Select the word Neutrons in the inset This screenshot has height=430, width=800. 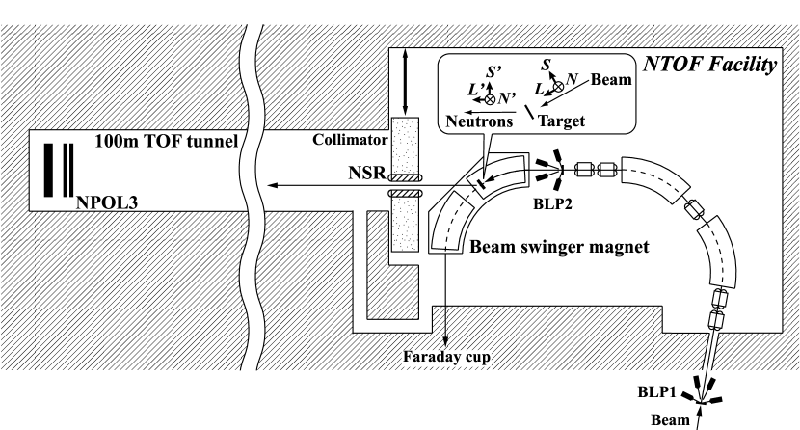click(477, 123)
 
